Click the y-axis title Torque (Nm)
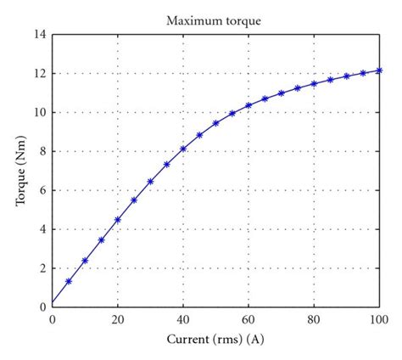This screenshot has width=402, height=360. pos(19,171)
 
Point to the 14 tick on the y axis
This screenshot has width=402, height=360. pos(39,35)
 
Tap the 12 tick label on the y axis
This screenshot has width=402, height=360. pos(39,74)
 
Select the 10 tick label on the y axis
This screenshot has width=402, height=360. pos(39,113)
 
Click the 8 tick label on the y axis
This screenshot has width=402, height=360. pos(42,151)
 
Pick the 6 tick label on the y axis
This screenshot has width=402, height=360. pos(42,190)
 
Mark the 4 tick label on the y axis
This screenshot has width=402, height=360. pos(42,229)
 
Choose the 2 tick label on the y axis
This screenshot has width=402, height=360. pos(42,268)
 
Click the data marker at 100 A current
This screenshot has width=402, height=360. pos(379,70)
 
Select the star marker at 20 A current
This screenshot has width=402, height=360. pos(118,219)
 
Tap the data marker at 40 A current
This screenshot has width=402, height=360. pos(183,149)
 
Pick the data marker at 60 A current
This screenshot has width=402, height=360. pos(248,105)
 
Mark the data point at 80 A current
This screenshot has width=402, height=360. pos(314,83)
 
